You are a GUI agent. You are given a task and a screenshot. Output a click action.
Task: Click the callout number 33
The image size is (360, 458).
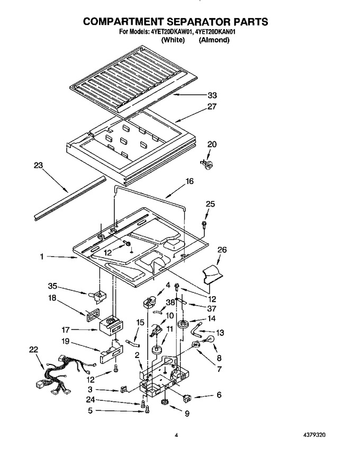click(212, 95)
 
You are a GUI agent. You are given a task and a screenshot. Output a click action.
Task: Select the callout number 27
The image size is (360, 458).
click(212, 106)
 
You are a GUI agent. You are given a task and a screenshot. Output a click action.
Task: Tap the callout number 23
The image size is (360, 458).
click(38, 166)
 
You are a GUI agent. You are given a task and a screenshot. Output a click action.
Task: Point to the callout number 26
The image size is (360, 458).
click(222, 250)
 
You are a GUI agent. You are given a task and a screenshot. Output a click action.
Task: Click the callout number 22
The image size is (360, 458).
click(34, 350)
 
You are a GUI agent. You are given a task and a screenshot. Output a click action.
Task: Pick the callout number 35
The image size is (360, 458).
click(52, 286)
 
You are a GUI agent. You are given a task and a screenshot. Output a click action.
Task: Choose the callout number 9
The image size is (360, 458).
click(187, 413)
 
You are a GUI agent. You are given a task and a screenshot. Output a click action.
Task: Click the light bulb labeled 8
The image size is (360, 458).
click(210, 340)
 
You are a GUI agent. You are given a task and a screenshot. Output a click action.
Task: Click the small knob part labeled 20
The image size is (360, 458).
click(208, 164)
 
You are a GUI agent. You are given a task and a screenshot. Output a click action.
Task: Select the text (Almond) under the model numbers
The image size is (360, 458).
click(214, 40)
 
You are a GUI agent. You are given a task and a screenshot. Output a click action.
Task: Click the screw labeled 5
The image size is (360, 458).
click(147, 410)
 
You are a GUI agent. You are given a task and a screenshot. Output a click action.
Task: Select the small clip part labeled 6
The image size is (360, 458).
click(187, 397)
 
